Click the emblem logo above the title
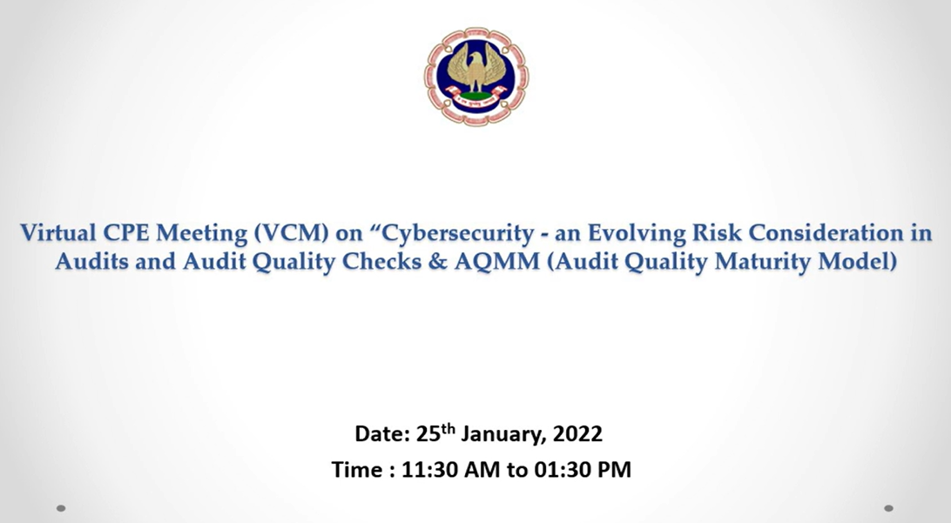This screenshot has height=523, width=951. pos(476,77)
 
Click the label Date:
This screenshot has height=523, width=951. pos(382,434)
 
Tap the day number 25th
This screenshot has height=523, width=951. pos(435,432)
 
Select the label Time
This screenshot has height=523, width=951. pos(357,470)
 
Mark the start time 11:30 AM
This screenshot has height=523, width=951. pos(451,470)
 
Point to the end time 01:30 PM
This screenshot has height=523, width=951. pos(583,470)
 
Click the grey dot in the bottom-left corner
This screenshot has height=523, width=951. pos(61,508)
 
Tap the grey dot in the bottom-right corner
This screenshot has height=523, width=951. pos(888,508)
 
